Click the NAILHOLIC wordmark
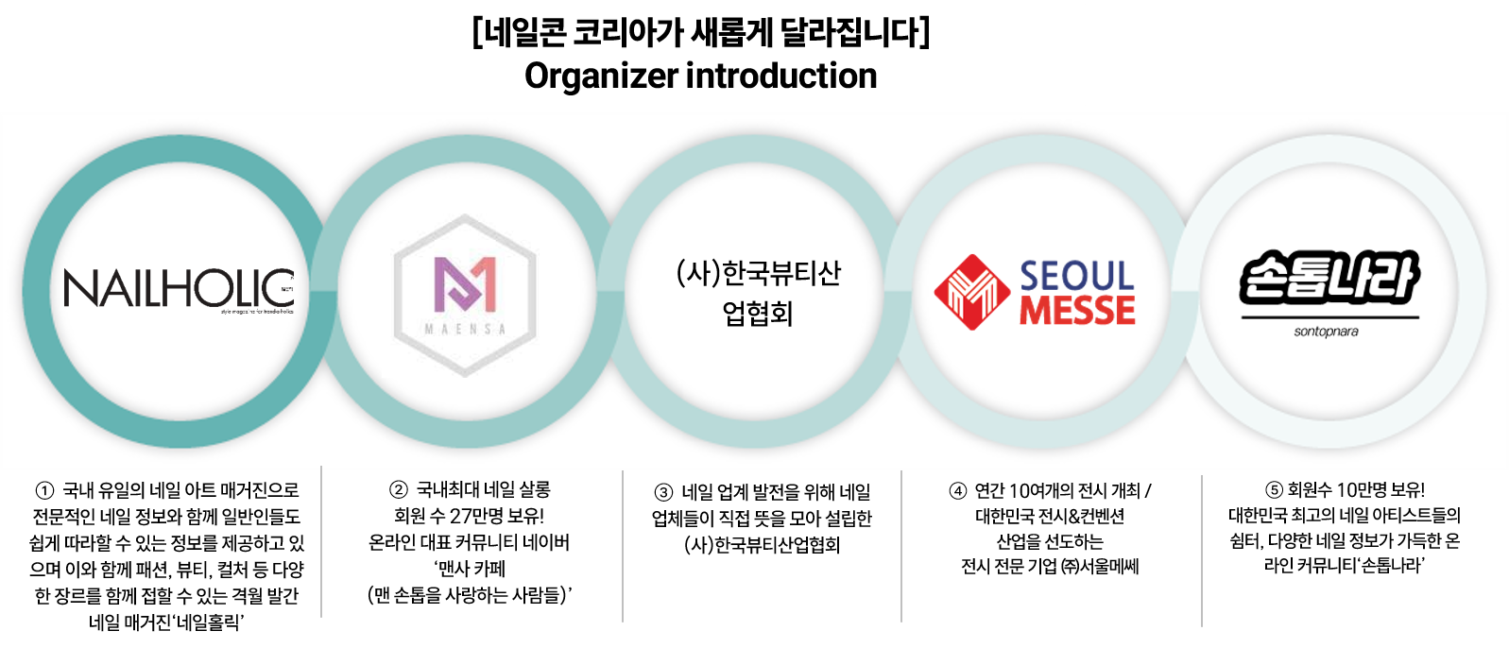(x=179, y=288)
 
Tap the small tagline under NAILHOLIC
(x=257, y=311)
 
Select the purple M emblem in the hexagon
(x=465, y=284)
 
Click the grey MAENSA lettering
(x=465, y=329)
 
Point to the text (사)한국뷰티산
(x=758, y=273)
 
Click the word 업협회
(x=758, y=314)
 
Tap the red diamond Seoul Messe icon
(x=971, y=292)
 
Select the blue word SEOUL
(x=1077, y=276)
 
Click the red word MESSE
(x=1077, y=311)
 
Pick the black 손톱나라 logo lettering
(x=1329, y=278)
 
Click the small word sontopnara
(x=1326, y=332)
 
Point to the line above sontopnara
(x=1329, y=317)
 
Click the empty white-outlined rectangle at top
(x=700, y=55)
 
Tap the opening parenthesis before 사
(x=680, y=274)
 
